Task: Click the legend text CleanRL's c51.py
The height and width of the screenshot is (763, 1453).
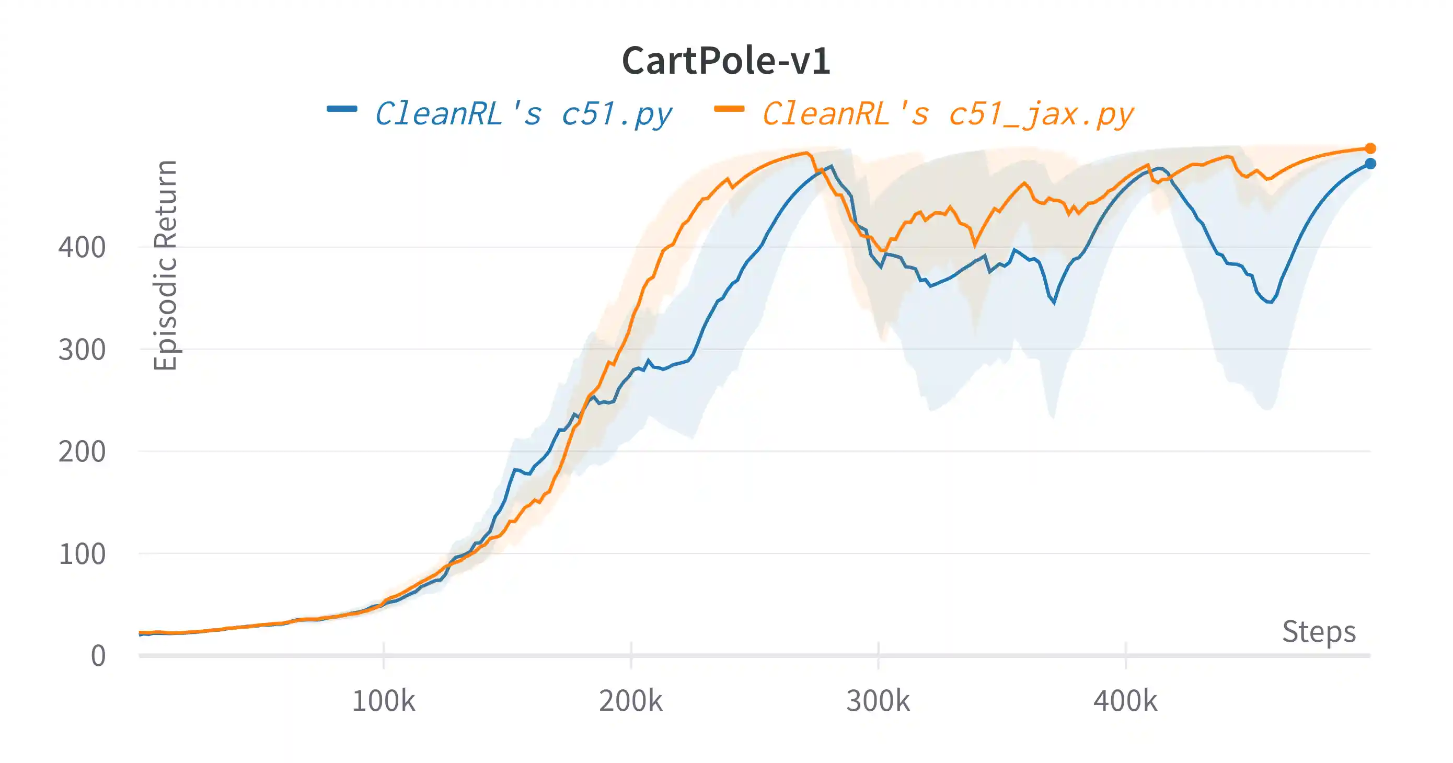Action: click(x=523, y=114)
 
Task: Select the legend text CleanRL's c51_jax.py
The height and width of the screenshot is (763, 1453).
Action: click(x=948, y=114)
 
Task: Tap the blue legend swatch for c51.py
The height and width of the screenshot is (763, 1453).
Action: click(x=342, y=109)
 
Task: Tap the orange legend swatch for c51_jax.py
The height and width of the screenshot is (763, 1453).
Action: click(x=729, y=109)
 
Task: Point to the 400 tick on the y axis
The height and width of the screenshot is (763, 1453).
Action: click(x=82, y=248)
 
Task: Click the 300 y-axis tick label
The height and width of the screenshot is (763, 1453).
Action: click(x=82, y=350)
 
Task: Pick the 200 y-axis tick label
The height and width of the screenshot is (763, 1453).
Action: click(x=82, y=452)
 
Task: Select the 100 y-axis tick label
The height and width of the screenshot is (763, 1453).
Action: click(x=82, y=554)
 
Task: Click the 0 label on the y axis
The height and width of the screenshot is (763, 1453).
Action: click(x=98, y=656)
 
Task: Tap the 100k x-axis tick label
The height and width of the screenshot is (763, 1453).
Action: click(x=384, y=701)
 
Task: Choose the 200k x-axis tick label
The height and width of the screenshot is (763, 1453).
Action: click(x=631, y=701)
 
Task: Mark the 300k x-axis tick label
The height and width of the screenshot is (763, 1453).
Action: click(x=878, y=701)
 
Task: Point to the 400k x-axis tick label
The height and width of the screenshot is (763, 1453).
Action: click(x=1125, y=701)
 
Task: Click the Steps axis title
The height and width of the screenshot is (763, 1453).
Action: click(x=1319, y=632)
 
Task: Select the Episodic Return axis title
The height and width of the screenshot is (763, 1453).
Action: click(x=165, y=265)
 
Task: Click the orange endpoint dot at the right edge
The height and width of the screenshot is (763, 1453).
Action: click(x=1370, y=148)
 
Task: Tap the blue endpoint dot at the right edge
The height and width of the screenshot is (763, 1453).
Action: click(x=1370, y=164)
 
